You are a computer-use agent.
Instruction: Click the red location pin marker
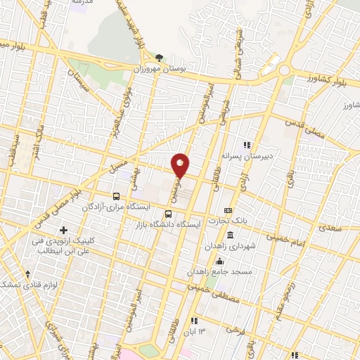(181, 165)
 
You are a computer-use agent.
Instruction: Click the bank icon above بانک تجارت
(229, 210)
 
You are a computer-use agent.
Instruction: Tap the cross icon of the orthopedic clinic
(64, 230)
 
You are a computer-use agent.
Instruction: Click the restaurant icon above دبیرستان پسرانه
(246, 145)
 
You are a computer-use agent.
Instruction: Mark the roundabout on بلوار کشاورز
(285, 70)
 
